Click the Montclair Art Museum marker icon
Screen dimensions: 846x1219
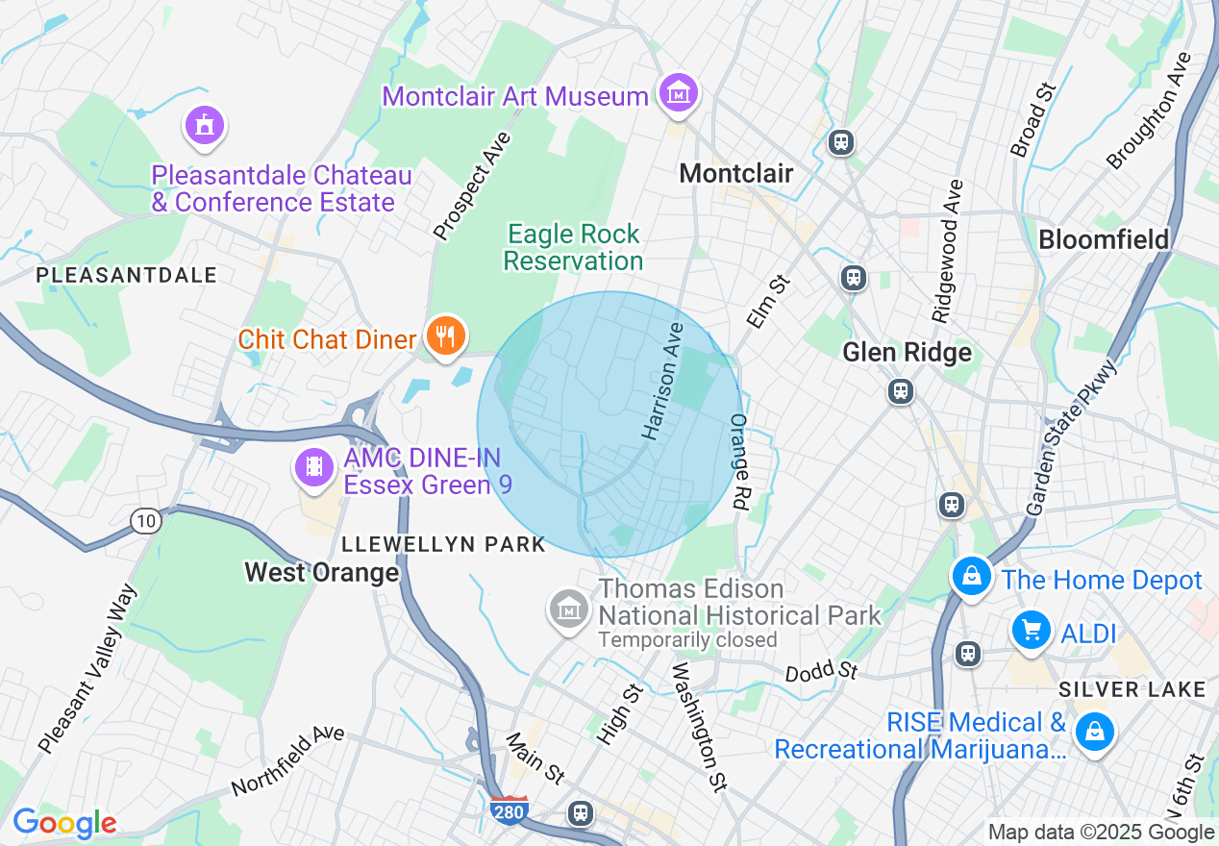point(679,94)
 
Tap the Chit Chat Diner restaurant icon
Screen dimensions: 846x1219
point(444,336)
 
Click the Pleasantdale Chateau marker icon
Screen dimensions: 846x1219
point(204,126)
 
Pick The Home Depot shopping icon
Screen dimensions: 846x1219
point(972,577)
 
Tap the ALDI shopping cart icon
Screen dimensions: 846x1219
point(1032,631)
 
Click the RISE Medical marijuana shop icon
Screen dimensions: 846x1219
point(1094,733)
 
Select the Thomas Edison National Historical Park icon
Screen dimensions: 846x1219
point(570,609)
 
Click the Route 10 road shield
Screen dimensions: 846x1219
point(145,521)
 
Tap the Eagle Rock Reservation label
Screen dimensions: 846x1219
point(573,247)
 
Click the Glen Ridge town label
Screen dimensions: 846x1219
point(907,353)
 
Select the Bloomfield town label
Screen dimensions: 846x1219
point(1104,239)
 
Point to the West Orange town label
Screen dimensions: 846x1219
point(321,573)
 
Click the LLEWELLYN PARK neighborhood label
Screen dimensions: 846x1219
point(443,544)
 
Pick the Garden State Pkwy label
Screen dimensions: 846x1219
point(1071,437)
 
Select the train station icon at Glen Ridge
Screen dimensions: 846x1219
point(900,391)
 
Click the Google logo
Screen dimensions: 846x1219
point(64,824)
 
